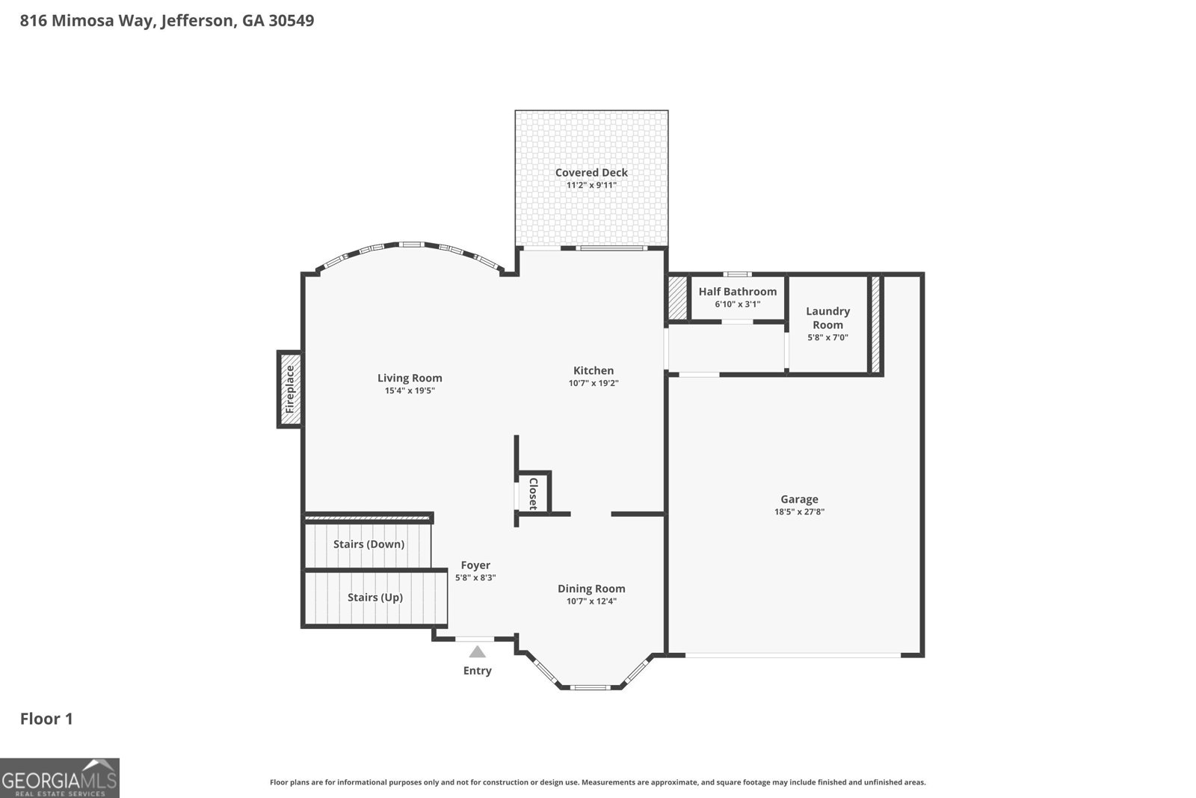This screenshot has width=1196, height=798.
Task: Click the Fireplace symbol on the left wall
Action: [290, 389]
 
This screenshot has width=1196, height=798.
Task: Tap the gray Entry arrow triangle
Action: [477, 652]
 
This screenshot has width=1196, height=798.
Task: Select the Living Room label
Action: [410, 378]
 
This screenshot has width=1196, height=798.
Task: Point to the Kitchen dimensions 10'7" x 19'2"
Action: [594, 383]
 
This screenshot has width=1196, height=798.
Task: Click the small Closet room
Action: [534, 494]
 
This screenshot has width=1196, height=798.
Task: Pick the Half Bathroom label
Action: [737, 292]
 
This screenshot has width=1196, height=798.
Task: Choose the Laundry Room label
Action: [827, 318]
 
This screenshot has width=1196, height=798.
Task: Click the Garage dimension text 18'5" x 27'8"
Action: [799, 512]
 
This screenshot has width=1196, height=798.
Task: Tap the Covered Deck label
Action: [591, 173]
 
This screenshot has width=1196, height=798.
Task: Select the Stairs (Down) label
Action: [369, 544]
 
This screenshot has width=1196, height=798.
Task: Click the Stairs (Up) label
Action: [374, 598]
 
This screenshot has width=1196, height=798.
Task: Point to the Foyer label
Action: [475, 565]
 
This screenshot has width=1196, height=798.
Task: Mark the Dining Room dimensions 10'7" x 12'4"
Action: [591, 601]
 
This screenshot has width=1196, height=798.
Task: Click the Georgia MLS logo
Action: [60, 778]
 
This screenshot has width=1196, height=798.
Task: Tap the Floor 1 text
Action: [46, 719]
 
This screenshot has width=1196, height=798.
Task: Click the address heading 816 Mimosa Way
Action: [167, 21]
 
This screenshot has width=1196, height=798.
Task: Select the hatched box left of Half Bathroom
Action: [677, 298]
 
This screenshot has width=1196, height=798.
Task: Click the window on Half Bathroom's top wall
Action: [738, 274]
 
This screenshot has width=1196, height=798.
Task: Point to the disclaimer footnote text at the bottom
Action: [597, 782]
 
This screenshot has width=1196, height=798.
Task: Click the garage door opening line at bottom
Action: [792, 656]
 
